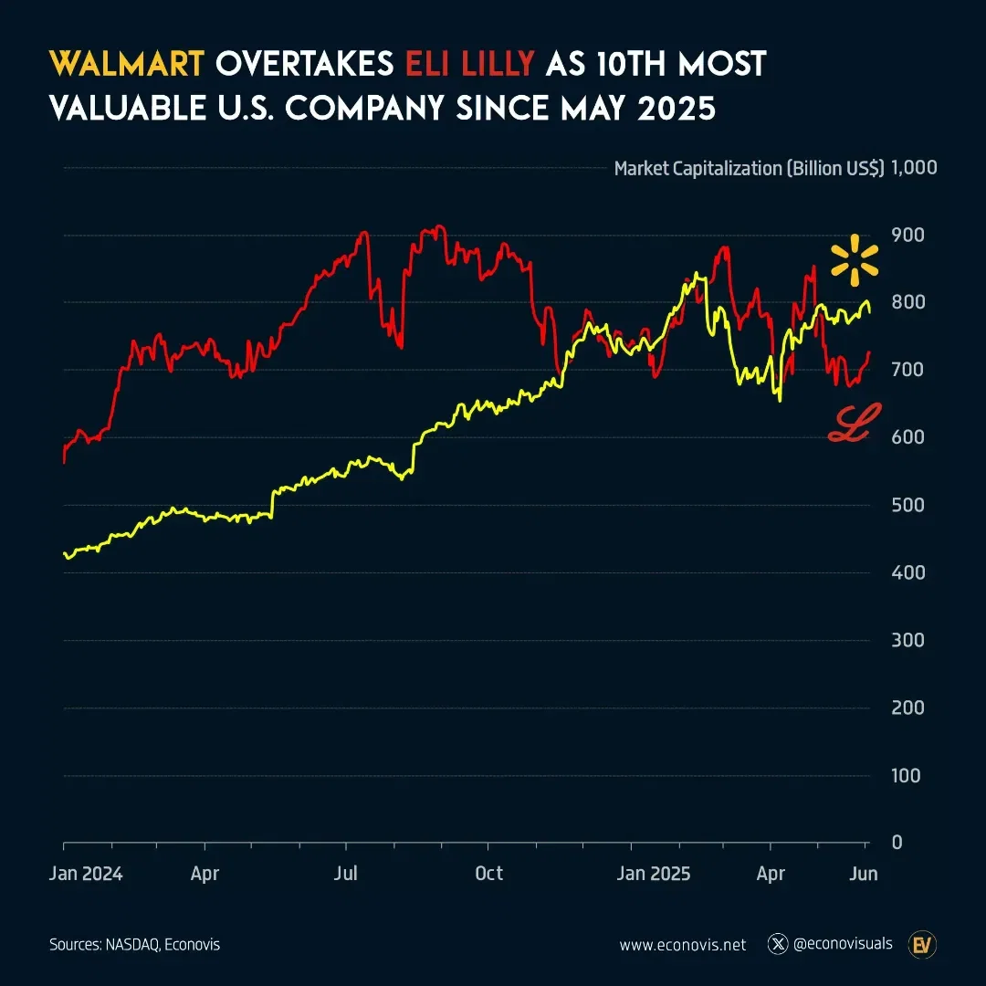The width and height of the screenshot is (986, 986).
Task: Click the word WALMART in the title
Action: click(x=125, y=65)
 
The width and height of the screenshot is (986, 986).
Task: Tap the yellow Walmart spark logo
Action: click(x=854, y=260)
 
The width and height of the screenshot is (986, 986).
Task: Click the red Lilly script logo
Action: click(x=854, y=425)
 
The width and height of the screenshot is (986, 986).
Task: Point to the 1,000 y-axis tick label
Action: click(x=914, y=168)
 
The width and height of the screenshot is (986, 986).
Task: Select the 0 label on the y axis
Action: click(x=897, y=842)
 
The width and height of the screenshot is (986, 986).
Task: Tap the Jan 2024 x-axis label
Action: click(x=86, y=874)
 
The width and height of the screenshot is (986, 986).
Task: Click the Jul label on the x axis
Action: click(x=346, y=874)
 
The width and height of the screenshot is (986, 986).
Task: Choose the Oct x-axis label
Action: click(x=489, y=874)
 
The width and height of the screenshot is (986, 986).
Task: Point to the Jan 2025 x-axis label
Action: click(x=655, y=874)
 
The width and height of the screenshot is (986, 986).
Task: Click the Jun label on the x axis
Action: click(x=864, y=874)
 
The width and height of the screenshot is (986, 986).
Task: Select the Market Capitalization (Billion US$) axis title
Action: click(x=749, y=168)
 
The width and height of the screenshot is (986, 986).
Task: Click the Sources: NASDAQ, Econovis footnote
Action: click(x=134, y=945)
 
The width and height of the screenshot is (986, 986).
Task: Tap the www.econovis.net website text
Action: click(x=682, y=945)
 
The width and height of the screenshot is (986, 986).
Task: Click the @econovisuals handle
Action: click(x=843, y=944)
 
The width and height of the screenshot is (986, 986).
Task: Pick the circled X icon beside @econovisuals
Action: click(x=778, y=944)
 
